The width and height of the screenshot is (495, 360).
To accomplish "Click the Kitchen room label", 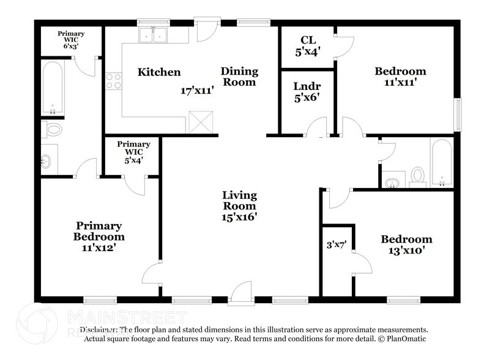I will (159, 72).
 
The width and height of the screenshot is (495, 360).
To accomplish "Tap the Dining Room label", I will (239, 77).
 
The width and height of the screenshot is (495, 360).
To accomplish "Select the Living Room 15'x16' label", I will (239, 206).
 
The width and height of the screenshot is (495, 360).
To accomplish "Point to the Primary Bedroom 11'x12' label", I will (99, 236).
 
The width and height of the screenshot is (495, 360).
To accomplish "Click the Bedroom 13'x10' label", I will (406, 244).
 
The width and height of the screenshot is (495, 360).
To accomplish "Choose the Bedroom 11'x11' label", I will (400, 77).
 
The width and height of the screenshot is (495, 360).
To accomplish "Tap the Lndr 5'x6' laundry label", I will (307, 91).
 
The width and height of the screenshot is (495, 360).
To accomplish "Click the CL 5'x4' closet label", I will (307, 47).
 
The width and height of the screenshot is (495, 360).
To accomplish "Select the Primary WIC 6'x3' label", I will (71, 40).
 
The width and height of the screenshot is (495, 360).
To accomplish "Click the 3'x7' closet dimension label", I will (337, 244).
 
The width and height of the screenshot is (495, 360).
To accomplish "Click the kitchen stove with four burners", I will (114, 81).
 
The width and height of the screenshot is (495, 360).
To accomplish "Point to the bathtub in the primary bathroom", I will (53, 88).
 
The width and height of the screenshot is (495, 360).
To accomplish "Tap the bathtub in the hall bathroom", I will (441, 163).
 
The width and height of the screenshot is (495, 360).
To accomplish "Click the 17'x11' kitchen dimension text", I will (196, 91).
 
